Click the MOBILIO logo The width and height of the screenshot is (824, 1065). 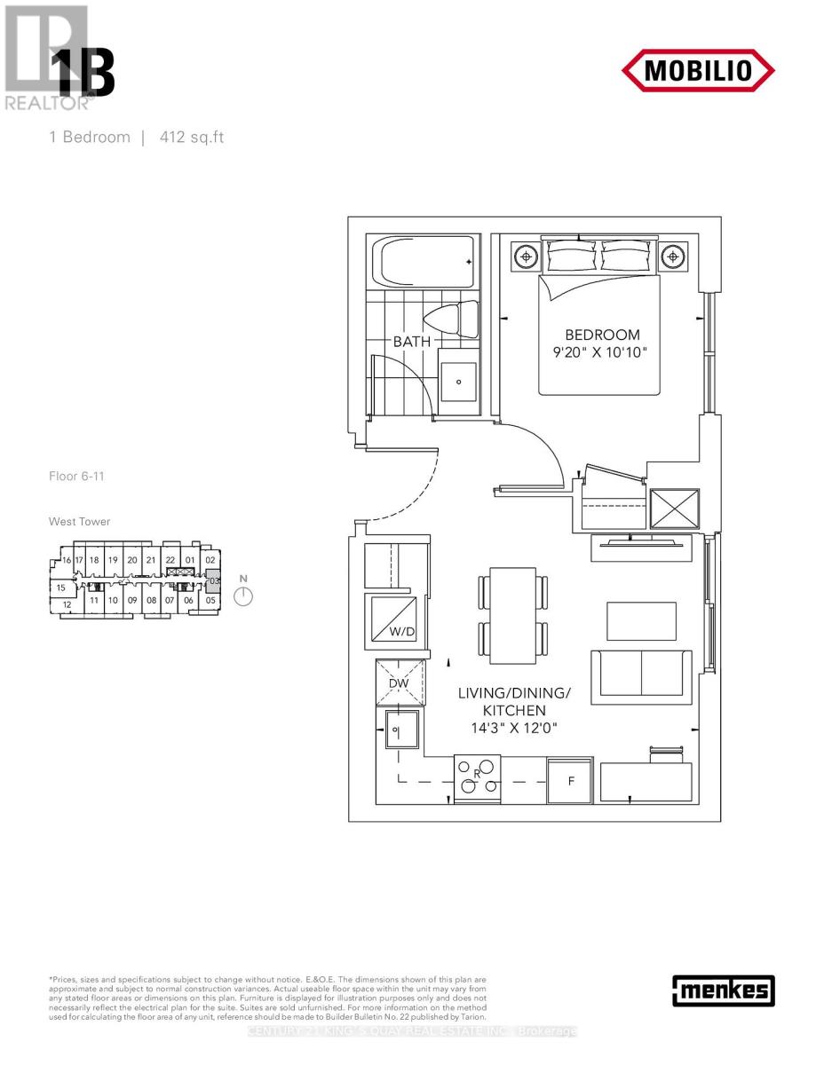[x=697, y=69]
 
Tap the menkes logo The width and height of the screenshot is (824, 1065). [x=724, y=990]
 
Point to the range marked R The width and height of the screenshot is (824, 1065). [x=477, y=775]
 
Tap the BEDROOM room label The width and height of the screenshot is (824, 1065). [x=602, y=335]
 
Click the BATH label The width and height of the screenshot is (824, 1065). [x=412, y=341]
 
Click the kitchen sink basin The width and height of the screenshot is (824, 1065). [x=400, y=730]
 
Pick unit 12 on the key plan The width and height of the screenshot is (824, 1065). [x=67, y=604]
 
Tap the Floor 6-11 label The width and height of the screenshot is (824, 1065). [x=77, y=477]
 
